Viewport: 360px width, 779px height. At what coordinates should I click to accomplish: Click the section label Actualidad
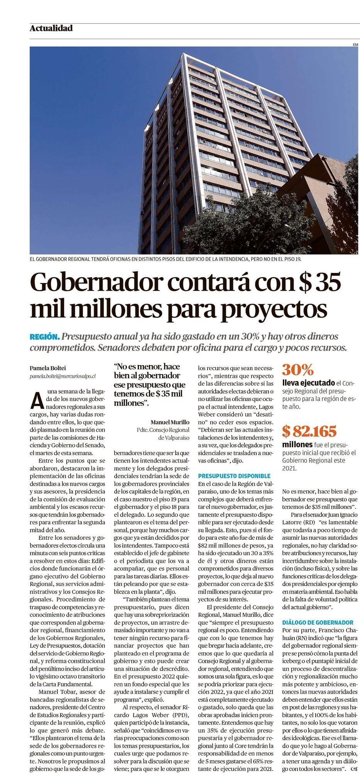[x=51, y=28]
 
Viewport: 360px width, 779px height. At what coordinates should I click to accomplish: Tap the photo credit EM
[x=355, y=45]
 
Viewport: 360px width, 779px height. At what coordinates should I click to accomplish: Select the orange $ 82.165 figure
[x=309, y=431]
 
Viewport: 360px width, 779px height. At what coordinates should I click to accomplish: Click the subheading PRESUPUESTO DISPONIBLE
[x=234, y=476]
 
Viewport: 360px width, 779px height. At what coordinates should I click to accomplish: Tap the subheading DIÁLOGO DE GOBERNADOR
[x=318, y=622]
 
